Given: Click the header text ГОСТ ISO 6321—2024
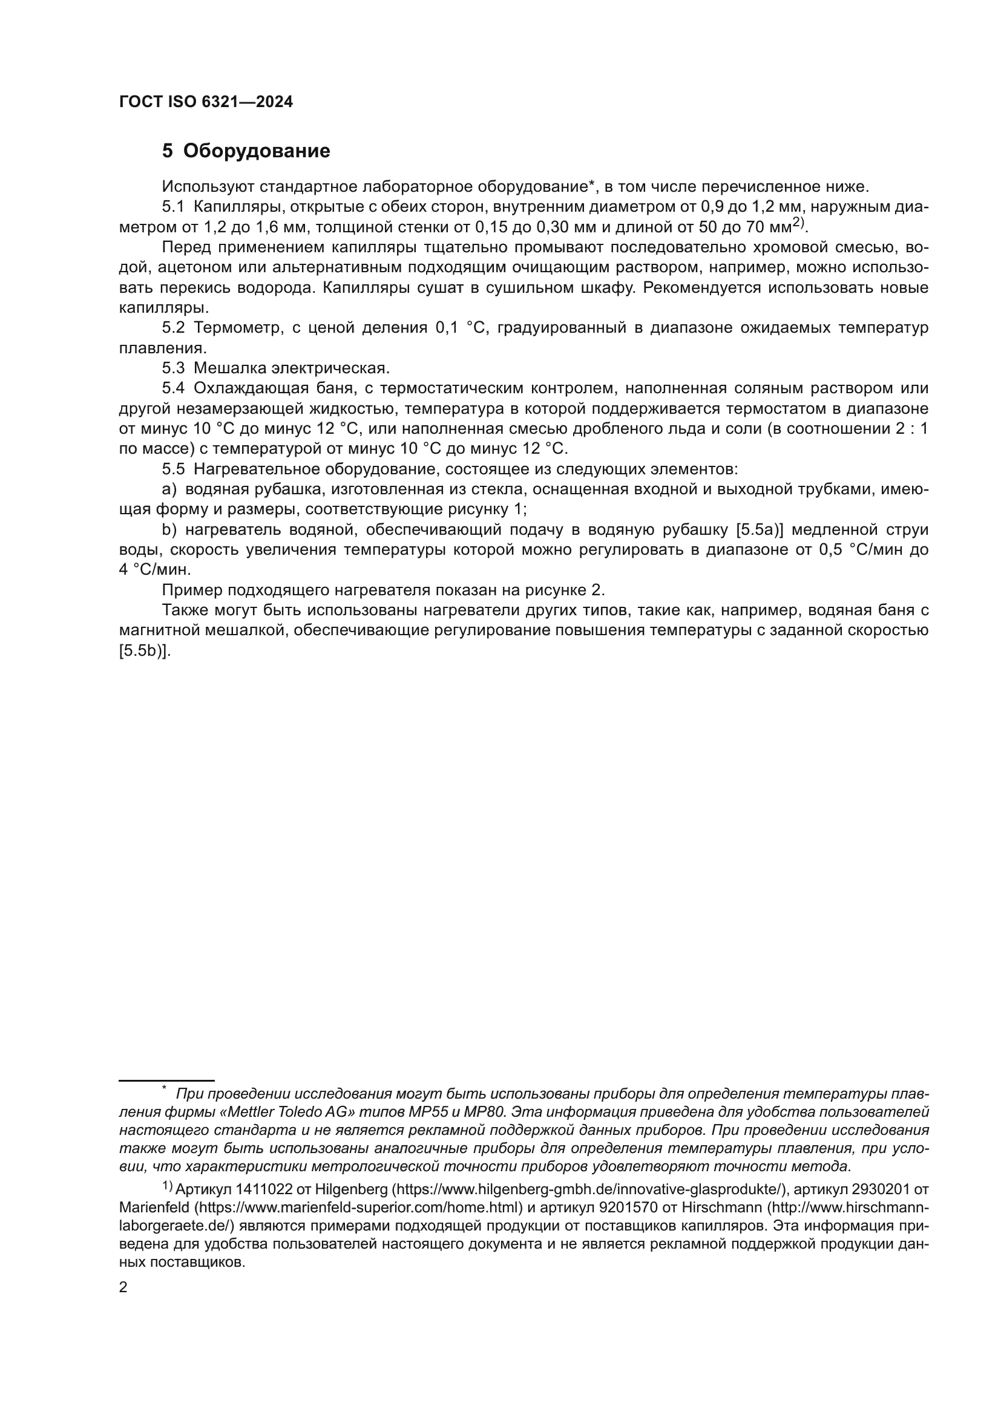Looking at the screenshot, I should pos(206,102).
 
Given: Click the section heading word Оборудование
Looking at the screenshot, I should pos(257,151).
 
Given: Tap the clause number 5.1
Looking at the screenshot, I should pos(173,207).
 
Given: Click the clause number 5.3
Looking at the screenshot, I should pos(173,368).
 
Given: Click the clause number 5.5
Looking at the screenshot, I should pos(173,469).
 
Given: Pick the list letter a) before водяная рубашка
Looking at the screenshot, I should pos(169,490).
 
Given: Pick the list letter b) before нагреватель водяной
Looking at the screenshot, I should pos(169,530).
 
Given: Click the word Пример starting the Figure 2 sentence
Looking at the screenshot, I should pos(192,590).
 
